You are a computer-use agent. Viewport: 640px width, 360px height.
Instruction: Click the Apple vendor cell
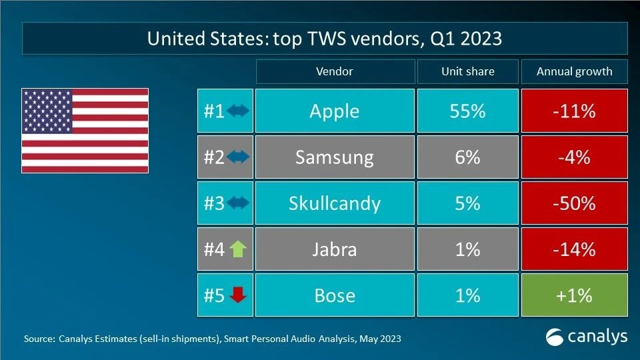coord(334,111)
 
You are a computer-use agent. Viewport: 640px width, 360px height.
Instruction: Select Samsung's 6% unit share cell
coord(467,157)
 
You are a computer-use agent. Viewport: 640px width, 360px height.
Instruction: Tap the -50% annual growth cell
coord(574,203)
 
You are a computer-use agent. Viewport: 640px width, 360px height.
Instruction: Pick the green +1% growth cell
coord(574,295)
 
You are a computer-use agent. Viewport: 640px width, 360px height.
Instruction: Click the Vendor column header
coord(334,71)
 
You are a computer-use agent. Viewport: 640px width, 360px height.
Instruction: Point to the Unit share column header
coord(467,71)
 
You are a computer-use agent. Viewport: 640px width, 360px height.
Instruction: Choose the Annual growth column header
coord(574,71)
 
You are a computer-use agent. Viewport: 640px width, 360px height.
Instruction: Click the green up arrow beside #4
coord(237,249)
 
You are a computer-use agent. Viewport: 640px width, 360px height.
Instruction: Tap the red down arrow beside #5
coord(237,295)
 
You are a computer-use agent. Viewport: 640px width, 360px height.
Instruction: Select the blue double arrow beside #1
coord(237,111)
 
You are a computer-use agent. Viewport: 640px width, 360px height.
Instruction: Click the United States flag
coord(85,131)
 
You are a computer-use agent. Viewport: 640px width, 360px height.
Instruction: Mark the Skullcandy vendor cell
coord(334,203)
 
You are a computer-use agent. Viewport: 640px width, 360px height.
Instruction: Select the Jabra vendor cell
coord(334,249)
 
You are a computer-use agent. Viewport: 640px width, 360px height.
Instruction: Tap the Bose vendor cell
coord(334,295)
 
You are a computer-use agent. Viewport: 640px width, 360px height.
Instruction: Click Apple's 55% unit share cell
coord(467,111)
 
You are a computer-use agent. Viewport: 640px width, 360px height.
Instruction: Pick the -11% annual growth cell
coord(574,111)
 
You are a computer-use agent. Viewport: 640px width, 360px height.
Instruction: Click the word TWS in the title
coord(310,39)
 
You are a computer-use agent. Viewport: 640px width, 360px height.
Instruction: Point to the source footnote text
coord(212,339)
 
